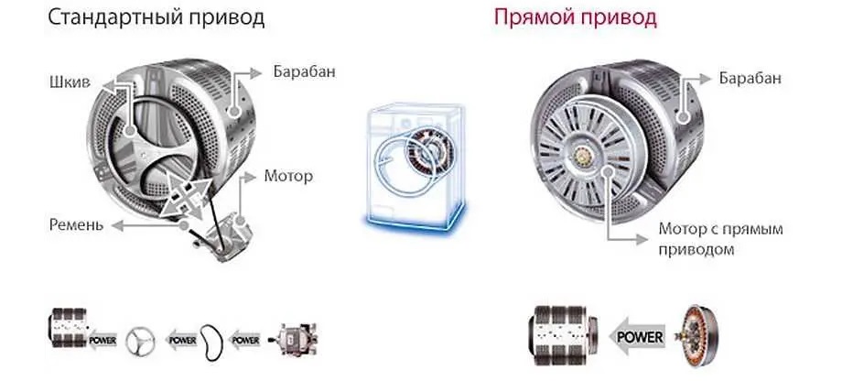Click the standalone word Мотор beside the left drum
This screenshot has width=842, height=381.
click(x=287, y=175)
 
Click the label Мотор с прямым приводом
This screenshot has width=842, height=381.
click(x=721, y=238)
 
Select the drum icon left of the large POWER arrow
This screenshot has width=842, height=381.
click(x=559, y=336)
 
